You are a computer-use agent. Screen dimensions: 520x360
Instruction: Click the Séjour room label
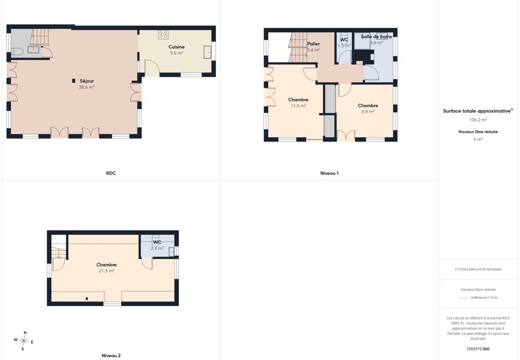86,81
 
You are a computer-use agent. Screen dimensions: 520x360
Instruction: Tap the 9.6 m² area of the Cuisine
176,53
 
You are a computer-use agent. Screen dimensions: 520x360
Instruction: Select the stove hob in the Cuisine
163,34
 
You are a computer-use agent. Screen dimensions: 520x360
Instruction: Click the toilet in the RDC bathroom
17,52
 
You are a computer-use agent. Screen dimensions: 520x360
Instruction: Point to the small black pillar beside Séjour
74,81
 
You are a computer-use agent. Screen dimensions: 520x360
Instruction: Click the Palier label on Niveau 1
313,44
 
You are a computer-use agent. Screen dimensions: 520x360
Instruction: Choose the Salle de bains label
376,36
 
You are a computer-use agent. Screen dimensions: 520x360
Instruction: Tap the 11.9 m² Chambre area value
298,106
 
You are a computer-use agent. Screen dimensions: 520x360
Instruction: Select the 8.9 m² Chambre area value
368,112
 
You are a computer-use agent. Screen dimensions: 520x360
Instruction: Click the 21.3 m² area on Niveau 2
106,271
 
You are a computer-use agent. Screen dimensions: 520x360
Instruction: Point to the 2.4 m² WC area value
157,248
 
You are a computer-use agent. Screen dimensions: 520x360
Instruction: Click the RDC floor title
111,173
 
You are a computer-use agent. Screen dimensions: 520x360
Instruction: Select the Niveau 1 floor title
329,173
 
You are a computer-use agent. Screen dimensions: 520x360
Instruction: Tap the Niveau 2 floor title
111,355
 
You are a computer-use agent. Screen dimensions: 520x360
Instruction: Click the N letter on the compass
25,333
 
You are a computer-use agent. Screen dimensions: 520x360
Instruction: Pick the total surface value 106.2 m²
478,120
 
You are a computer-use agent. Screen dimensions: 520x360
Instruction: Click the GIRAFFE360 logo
478,349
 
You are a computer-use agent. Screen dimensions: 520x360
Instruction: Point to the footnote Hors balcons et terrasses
478,269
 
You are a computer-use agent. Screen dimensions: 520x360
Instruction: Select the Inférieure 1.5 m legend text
484,298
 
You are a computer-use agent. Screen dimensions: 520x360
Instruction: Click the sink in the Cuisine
207,52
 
